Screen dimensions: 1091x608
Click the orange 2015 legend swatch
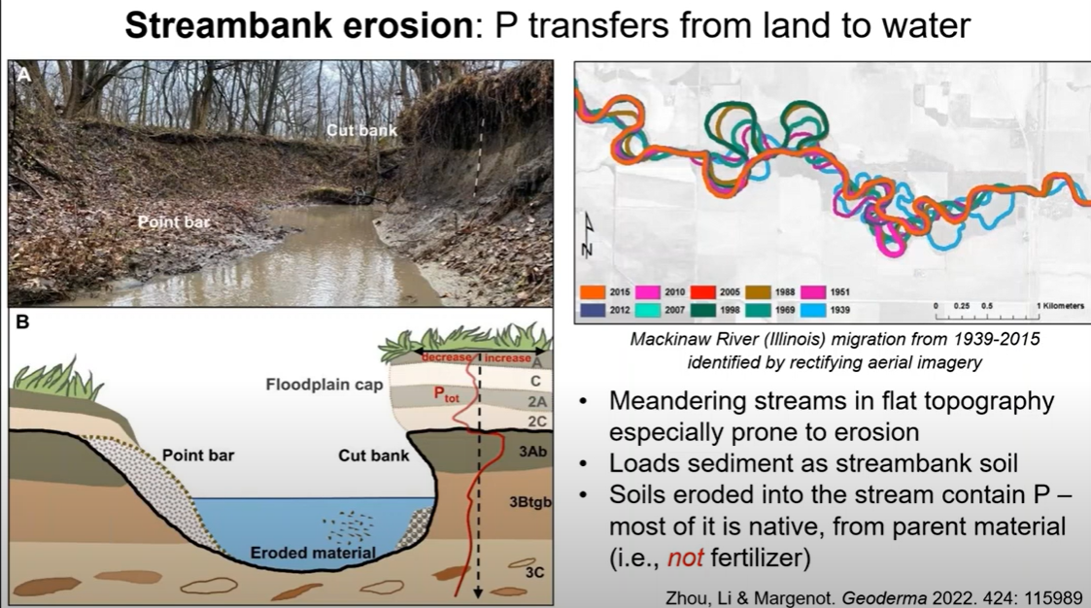pyautogui.click(x=592, y=292)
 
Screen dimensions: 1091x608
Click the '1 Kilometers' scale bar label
pyautogui.click(x=1060, y=305)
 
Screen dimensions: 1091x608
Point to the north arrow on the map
pyautogui.click(x=589, y=235)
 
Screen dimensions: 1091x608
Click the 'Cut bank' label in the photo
pyautogui.click(x=361, y=130)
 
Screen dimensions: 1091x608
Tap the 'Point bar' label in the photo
pyautogui.click(x=173, y=222)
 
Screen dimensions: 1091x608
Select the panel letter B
pyautogui.click(x=22, y=322)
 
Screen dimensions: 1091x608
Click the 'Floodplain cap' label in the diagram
pyautogui.click(x=324, y=385)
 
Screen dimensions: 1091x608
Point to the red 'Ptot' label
pyautogui.click(x=447, y=393)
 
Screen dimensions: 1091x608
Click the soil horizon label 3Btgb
pyautogui.click(x=530, y=501)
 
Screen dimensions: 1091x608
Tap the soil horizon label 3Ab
pyautogui.click(x=533, y=452)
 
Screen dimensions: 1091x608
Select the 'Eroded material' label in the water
pyautogui.click(x=313, y=553)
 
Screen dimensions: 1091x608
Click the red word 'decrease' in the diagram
pyautogui.click(x=447, y=357)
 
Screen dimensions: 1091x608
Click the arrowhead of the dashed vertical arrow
pyautogui.click(x=478, y=592)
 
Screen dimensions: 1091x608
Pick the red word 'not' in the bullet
pyautogui.click(x=685, y=557)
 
